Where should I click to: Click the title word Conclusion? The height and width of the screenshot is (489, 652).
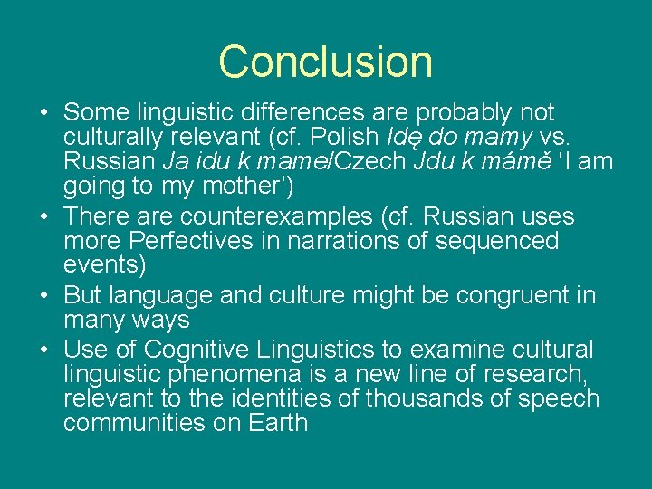(x=325, y=62)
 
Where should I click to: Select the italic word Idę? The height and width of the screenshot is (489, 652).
(x=403, y=138)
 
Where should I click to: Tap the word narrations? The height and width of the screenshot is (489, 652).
(x=340, y=242)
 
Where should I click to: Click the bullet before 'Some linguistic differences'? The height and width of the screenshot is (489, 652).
(x=43, y=114)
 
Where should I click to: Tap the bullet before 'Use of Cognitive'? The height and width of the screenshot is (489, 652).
(x=43, y=350)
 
